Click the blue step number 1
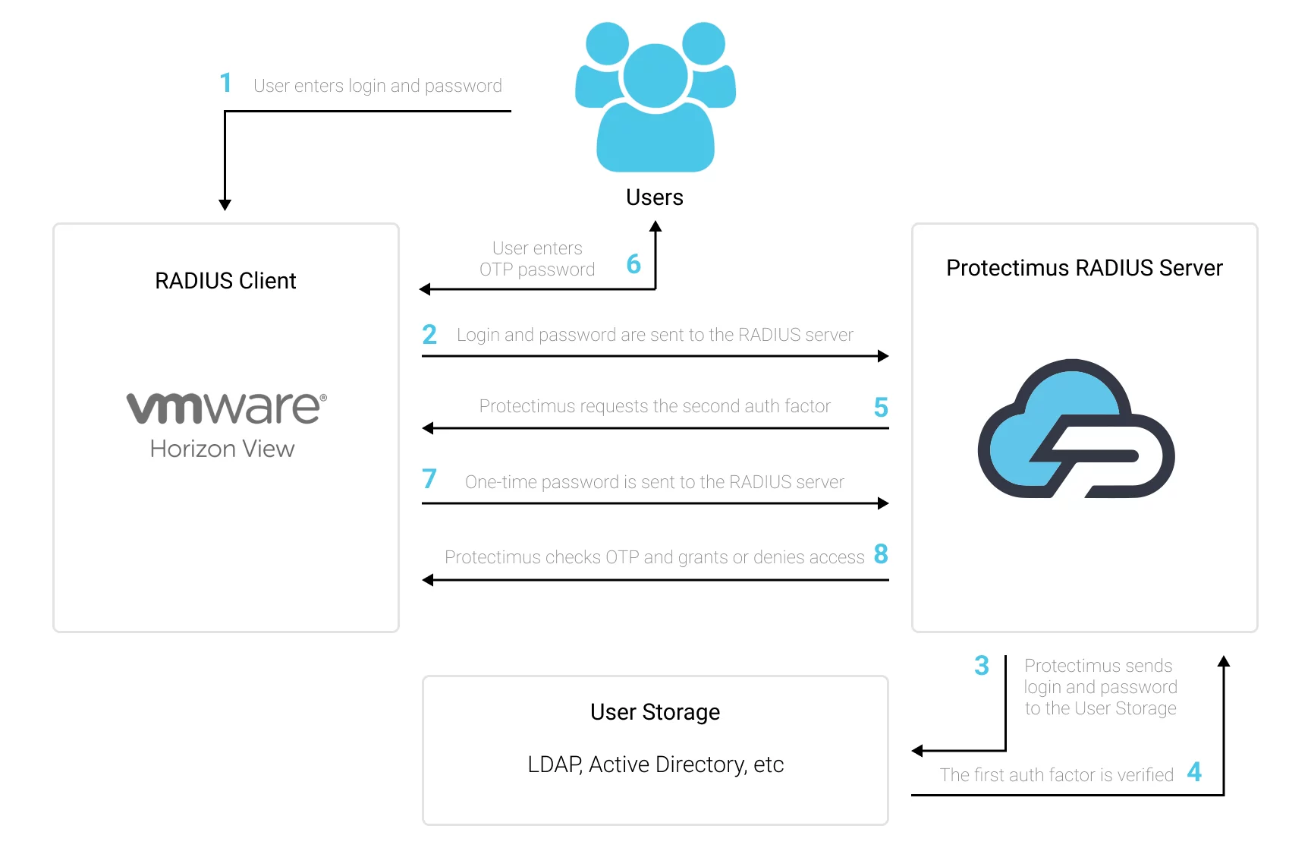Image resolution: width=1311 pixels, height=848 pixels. pyautogui.click(x=225, y=83)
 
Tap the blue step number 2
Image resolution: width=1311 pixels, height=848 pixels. pyautogui.click(x=429, y=334)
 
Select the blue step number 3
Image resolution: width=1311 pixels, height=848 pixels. pyautogui.click(x=982, y=665)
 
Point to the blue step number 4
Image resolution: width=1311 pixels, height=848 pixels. pyautogui.click(x=1194, y=772)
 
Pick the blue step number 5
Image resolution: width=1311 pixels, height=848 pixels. pyautogui.click(x=881, y=407)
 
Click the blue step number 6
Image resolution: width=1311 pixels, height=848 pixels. pyautogui.click(x=633, y=263)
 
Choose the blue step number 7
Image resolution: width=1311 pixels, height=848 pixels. pyautogui.click(x=429, y=478)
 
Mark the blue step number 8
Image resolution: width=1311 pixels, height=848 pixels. pyautogui.click(x=881, y=553)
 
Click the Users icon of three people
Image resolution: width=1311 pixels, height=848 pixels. pyautogui.click(x=655, y=97)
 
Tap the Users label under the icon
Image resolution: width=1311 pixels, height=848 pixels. pyautogui.click(x=655, y=197)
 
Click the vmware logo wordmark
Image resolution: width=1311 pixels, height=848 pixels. pyautogui.click(x=226, y=408)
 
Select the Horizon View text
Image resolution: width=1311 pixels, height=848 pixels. pyautogui.click(x=222, y=449)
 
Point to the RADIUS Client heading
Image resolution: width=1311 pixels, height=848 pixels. pyautogui.click(x=225, y=281)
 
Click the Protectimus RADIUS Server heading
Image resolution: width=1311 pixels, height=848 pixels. pyautogui.click(x=1084, y=268)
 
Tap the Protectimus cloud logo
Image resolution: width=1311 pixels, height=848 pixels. pyautogui.click(x=1076, y=429)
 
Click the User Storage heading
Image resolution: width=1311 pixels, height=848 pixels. pyautogui.click(x=655, y=712)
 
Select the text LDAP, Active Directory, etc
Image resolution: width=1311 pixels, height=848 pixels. pyautogui.click(x=655, y=764)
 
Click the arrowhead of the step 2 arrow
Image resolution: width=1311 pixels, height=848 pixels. pyautogui.click(x=883, y=356)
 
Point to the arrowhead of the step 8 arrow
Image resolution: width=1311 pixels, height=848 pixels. pyautogui.click(x=428, y=580)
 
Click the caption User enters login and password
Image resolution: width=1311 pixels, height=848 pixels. pyautogui.click(x=378, y=86)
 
